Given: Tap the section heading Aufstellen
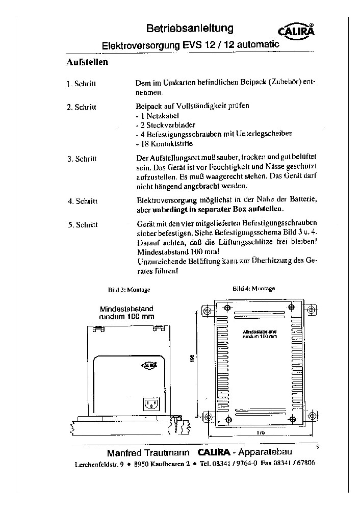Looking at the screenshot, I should [87, 63].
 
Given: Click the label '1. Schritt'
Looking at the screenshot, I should [82, 84].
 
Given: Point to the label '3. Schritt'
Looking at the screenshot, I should [82, 159].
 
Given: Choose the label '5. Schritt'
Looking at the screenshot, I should [82, 224].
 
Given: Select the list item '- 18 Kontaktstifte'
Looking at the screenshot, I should [157, 143].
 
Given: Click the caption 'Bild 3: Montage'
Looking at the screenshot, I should [129, 290].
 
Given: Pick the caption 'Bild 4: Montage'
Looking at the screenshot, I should [253, 289].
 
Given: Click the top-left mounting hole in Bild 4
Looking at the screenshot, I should [207, 311].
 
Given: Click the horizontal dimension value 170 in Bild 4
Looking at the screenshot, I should [260, 432].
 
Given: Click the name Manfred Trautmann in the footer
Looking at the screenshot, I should [148, 453].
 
